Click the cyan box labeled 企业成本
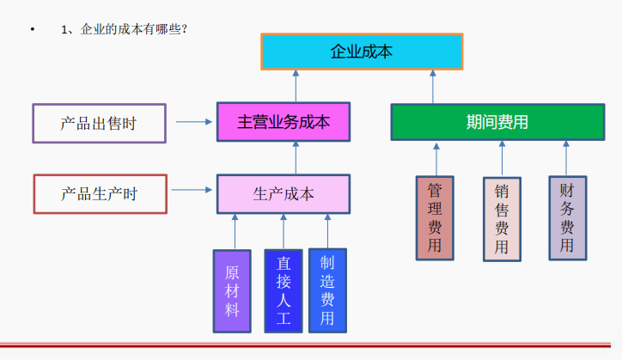(x=362, y=52)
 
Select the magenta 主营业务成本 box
(x=284, y=122)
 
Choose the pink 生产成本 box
(x=284, y=193)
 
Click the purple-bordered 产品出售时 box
(x=99, y=123)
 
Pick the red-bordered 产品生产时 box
(x=99, y=193)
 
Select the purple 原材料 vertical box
(x=232, y=291)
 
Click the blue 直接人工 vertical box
(x=284, y=291)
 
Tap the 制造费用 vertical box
(x=327, y=291)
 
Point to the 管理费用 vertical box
(x=435, y=218)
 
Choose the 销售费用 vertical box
(x=501, y=218)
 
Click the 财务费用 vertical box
(x=567, y=218)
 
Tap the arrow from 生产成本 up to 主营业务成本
(x=296, y=157)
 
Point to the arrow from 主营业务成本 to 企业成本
(x=296, y=87)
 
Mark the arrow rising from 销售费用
(x=501, y=160)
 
